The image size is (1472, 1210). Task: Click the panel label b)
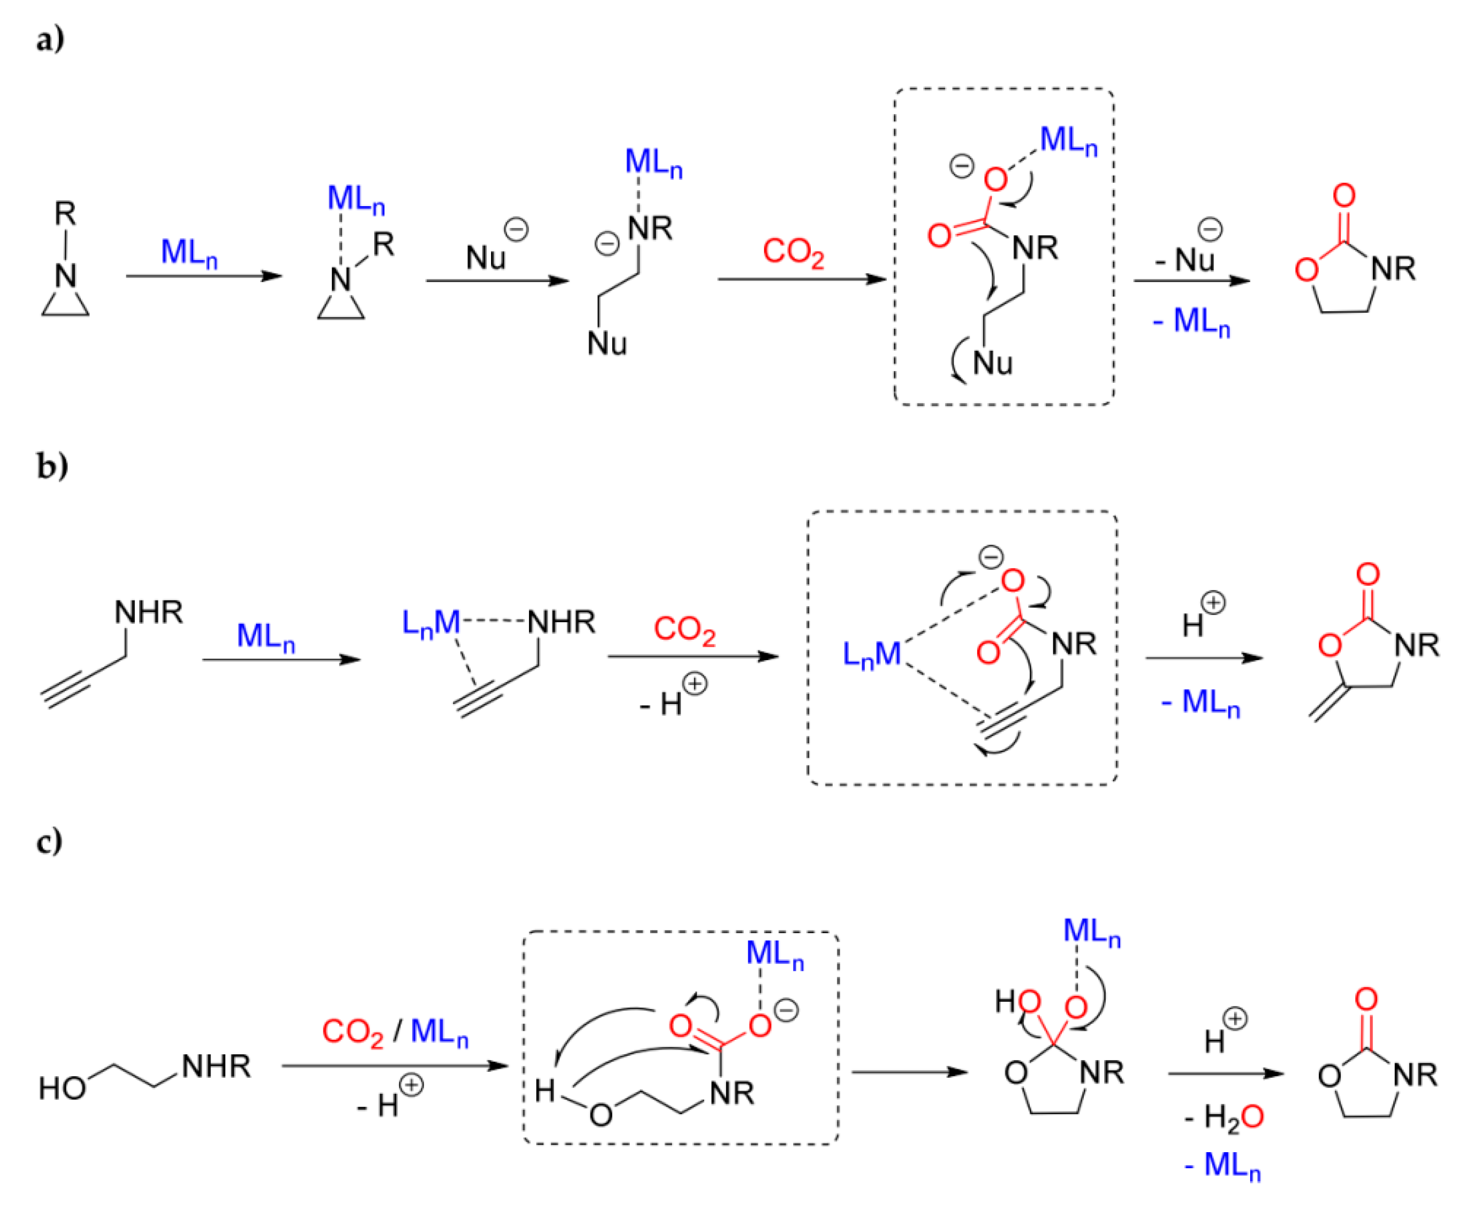point(51,466)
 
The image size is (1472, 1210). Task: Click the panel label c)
point(49,841)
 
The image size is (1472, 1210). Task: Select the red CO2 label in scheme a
point(792,252)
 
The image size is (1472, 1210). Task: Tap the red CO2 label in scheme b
point(684,630)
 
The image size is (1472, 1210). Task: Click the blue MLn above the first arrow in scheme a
point(189,252)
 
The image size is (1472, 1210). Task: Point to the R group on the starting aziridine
point(65,213)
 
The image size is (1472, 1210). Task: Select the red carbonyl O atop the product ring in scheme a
point(1344,196)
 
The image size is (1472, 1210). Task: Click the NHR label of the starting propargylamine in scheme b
point(148,612)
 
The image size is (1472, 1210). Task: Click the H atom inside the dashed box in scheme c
point(545,1091)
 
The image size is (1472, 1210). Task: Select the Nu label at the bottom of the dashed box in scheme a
point(992,363)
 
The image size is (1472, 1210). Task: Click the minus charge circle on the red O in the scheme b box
point(991,557)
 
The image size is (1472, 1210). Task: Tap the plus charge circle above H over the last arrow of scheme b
point(1213,602)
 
